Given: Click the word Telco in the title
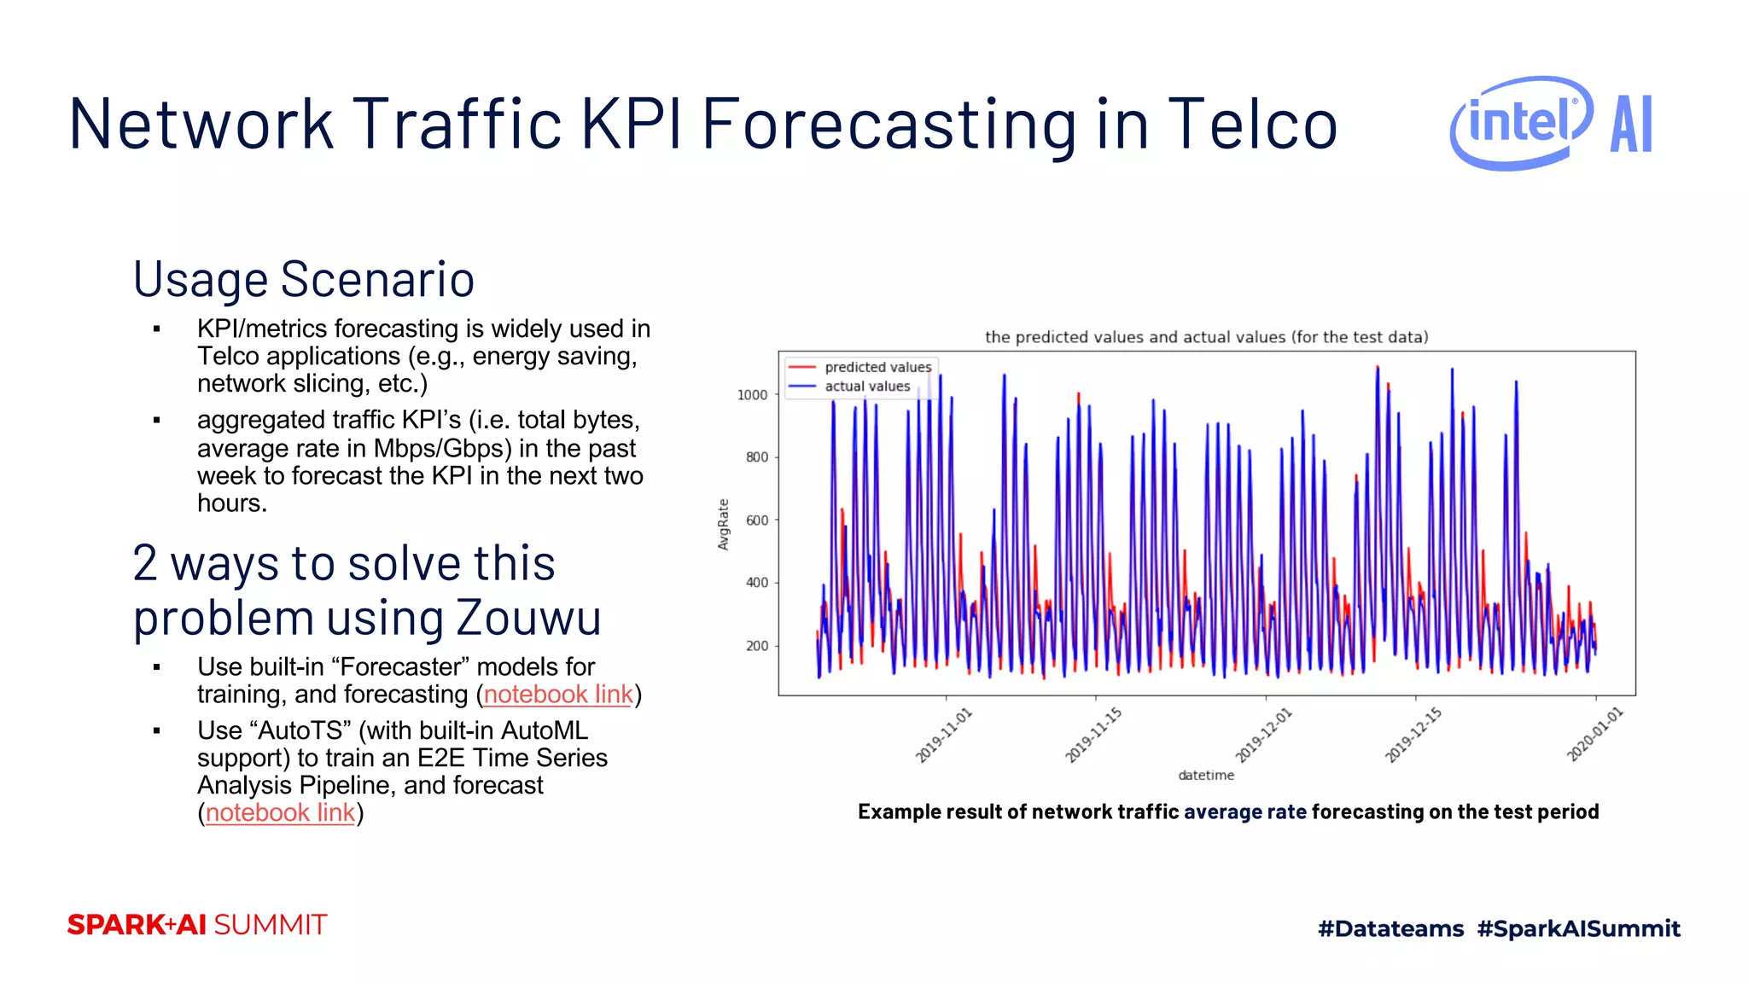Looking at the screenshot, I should [x=1251, y=125].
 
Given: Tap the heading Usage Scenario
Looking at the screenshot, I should [x=303, y=279].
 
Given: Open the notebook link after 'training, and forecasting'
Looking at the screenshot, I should [x=558, y=695].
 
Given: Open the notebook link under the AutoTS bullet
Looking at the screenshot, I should [x=280, y=812].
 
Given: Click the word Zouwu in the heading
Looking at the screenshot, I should [x=528, y=617].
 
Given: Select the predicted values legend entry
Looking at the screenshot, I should [x=877, y=367].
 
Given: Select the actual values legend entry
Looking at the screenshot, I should [x=867, y=387].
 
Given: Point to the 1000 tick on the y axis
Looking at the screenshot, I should [x=752, y=394].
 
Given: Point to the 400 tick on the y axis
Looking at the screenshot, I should [x=756, y=583].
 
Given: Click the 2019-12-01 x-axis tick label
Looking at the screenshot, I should [x=1264, y=735].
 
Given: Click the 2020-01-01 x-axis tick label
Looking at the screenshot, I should [x=1594, y=735].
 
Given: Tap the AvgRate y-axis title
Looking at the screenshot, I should [x=724, y=524].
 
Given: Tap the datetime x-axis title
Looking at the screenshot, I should [x=1206, y=775].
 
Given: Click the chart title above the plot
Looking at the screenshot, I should [x=1206, y=337].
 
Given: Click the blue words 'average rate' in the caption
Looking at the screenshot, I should [x=1244, y=811].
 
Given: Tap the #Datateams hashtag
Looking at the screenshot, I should [x=1390, y=928].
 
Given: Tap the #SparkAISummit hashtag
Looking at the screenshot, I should [x=1578, y=928].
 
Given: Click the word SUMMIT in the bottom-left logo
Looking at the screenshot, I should [x=270, y=925].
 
